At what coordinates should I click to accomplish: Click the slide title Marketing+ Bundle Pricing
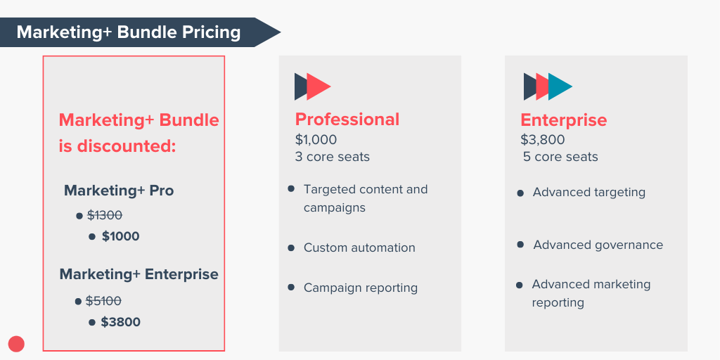pyautogui.click(x=129, y=32)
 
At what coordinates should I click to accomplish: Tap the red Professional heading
pyautogui.click(x=347, y=120)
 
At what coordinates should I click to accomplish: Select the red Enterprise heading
pyautogui.click(x=563, y=120)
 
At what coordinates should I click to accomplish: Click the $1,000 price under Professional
pyautogui.click(x=316, y=139)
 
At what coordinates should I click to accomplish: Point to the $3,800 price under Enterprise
pyautogui.click(x=542, y=140)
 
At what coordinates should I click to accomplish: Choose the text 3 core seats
pyautogui.click(x=333, y=156)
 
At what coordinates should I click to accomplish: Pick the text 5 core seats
pyautogui.click(x=560, y=157)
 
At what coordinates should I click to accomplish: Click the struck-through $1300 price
pyautogui.click(x=105, y=215)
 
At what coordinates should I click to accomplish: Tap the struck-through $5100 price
pyautogui.click(x=103, y=301)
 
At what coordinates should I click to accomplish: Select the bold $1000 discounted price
pyautogui.click(x=120, y=236)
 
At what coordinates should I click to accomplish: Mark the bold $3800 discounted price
pyautogui.click(x=120, y=322)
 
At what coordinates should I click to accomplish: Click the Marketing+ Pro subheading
pyautogui.click(x=119, y=191)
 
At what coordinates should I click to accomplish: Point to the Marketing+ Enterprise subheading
pyautogui.click(x=139, y=274)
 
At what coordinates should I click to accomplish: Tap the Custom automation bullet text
pyautogui.click(x=359, y=247)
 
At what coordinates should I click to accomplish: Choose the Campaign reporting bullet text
pyautogui.click(x=361, y=288)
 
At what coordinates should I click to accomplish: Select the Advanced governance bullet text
pyautogui.click(x=598, y=245)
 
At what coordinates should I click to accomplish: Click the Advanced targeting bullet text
pyautogui.click(x=589, y=192)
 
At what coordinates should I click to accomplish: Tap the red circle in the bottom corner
pyautogui.click(x=16, y=344)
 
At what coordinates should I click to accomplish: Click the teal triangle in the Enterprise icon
pyautogui.click(x=561, y=86)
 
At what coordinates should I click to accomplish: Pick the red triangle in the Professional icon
pyautogui.click(x=318, y=86)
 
